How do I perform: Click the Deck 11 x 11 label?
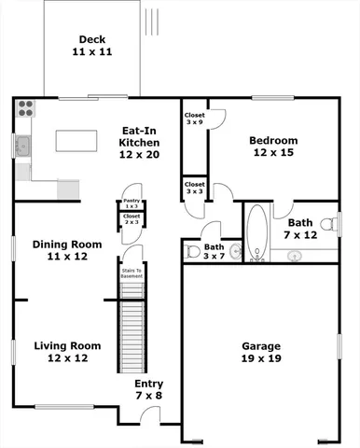(x=91, y=47)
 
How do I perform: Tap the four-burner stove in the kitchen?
(x=24, y=107)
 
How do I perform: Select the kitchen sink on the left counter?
(x=21, y=146)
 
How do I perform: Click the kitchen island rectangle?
(x=82, y=141)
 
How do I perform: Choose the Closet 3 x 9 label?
(x=195, y=118)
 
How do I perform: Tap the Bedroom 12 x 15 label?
(x=273, y=147)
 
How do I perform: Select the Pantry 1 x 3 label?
(x=132, y=203)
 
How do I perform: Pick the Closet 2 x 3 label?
(x=132, y=219)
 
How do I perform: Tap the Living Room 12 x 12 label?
(x=67, y=352)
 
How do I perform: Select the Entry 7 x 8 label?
(x=148, y=389)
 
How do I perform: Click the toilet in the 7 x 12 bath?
(x=327, y=224)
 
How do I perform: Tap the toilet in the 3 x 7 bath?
(x=193, y=251)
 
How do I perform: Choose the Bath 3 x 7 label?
(x=215, y=250)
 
